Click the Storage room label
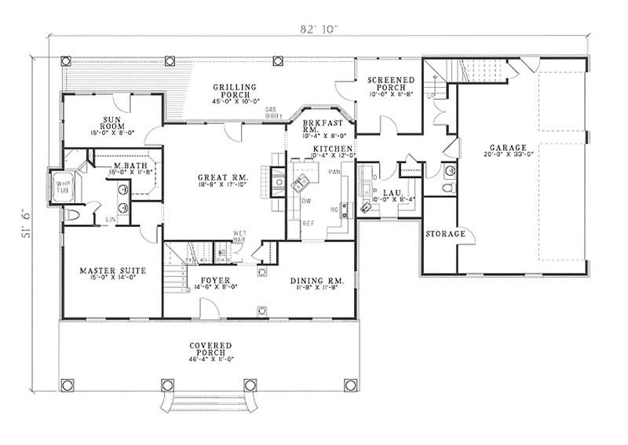(445, 234)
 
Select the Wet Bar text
(240, 236)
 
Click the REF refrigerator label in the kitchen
(309, 224)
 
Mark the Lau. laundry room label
(388, 192)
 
